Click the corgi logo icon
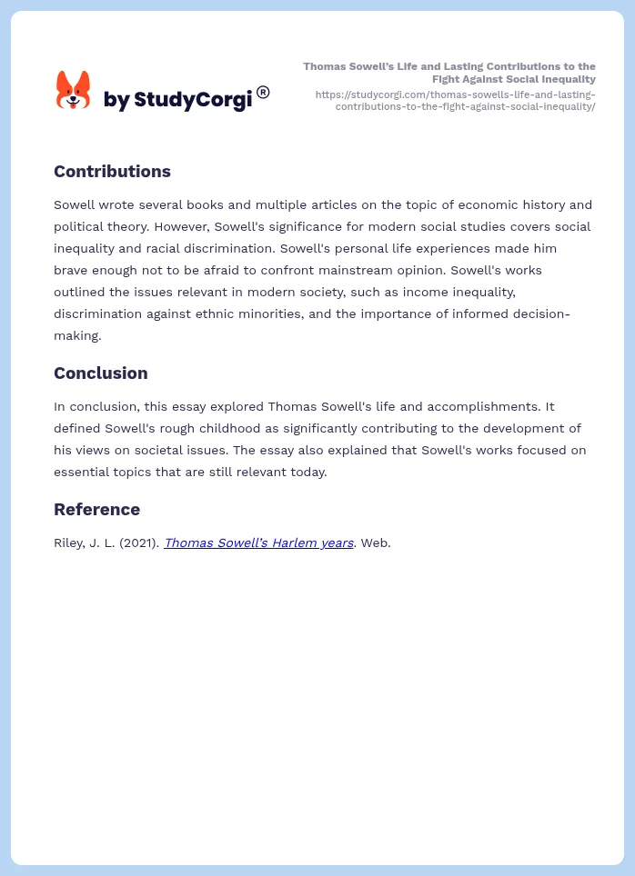pos(73,91)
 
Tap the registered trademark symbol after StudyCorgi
pos(263,92)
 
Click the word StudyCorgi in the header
pos(192,100)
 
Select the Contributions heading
pos(112,172)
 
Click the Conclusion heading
pos(100,373)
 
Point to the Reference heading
pos(96,510)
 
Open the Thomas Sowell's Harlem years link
pos(258,543)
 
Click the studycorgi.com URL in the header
pos(455,100)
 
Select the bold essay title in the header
pos(449,73)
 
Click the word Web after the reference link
pos(375,543)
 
